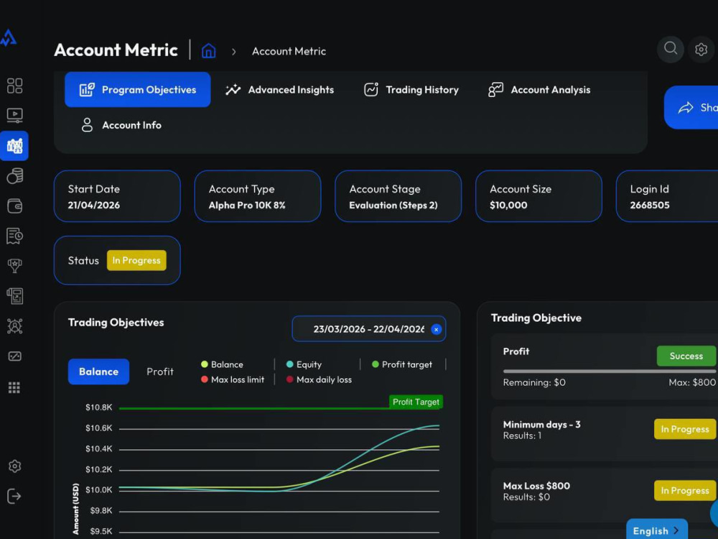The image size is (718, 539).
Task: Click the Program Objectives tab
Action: (x=137, y=90)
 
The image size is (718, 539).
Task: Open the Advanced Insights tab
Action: (x=280, y=90)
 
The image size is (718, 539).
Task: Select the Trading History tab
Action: (x=411, y=90)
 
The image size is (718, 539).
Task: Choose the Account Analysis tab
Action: (x=539, y=90)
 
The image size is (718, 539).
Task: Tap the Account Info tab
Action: (x=121, y=125)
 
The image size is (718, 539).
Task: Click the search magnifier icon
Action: (x=671, y=49)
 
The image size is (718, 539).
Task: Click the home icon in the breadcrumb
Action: (x=209, y=50)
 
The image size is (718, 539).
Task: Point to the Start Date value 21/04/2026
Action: (x=94, y=206)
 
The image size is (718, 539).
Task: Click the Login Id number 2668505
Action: (x=650, y=206)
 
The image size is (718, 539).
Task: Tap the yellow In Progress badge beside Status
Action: (x=136, y=260)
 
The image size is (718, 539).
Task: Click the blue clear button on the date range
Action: (x=436, y=329)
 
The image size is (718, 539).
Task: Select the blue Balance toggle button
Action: (x=98, y=372)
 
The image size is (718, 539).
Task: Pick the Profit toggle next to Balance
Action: (x=160, y=372)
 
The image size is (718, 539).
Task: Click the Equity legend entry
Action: (x=304, y=364)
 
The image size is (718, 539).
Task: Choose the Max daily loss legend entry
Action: (x=320, y=379)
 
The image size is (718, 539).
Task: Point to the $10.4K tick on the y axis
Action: (x=98, y=448)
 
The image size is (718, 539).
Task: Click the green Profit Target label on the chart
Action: (x=416, y=402)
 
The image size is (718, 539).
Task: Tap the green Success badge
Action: (x=686, y=356)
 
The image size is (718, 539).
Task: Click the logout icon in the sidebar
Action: (x=14, y=496)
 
